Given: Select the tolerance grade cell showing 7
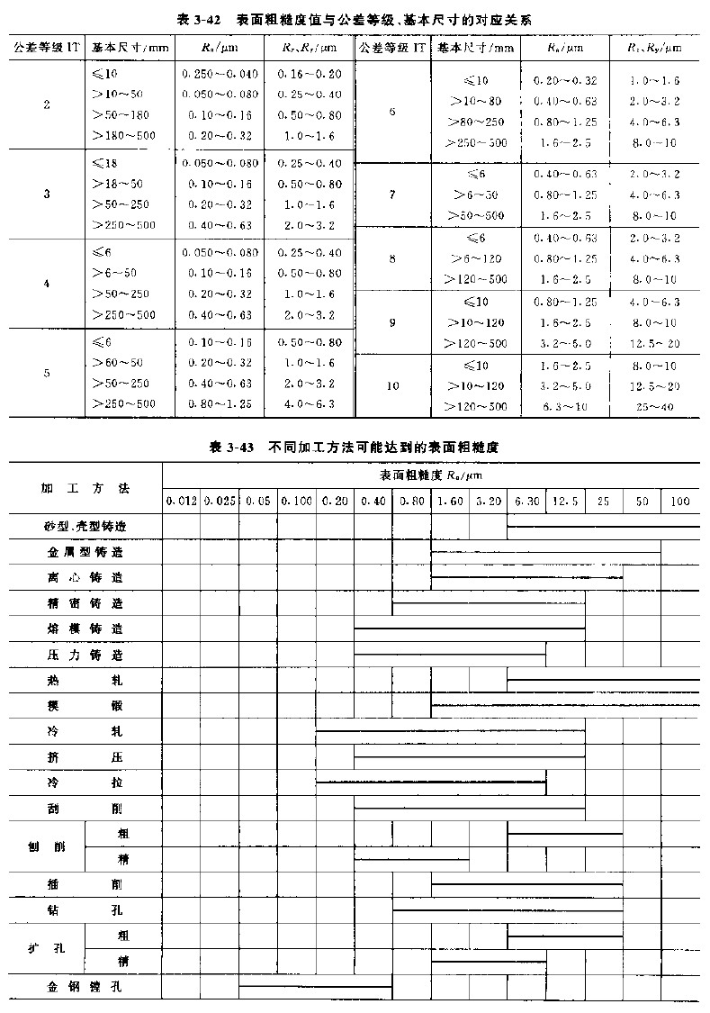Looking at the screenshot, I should click(x=392, y=194).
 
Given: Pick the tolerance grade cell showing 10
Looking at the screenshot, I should click(x=392, y=385).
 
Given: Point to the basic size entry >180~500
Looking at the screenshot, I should click(x=123, y=135).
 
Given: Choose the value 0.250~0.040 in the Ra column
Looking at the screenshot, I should click(x=220, y=73).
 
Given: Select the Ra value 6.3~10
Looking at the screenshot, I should click(x=565, y=407).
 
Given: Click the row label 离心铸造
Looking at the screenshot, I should click(x=85, y=576).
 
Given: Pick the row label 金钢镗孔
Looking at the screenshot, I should click(x=85, y=987).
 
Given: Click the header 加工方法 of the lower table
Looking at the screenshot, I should click(x=85, y=487).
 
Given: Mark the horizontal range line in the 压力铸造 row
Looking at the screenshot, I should click(x=450, y=654).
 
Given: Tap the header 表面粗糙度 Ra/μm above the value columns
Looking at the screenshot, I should click(x=430, y=474).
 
